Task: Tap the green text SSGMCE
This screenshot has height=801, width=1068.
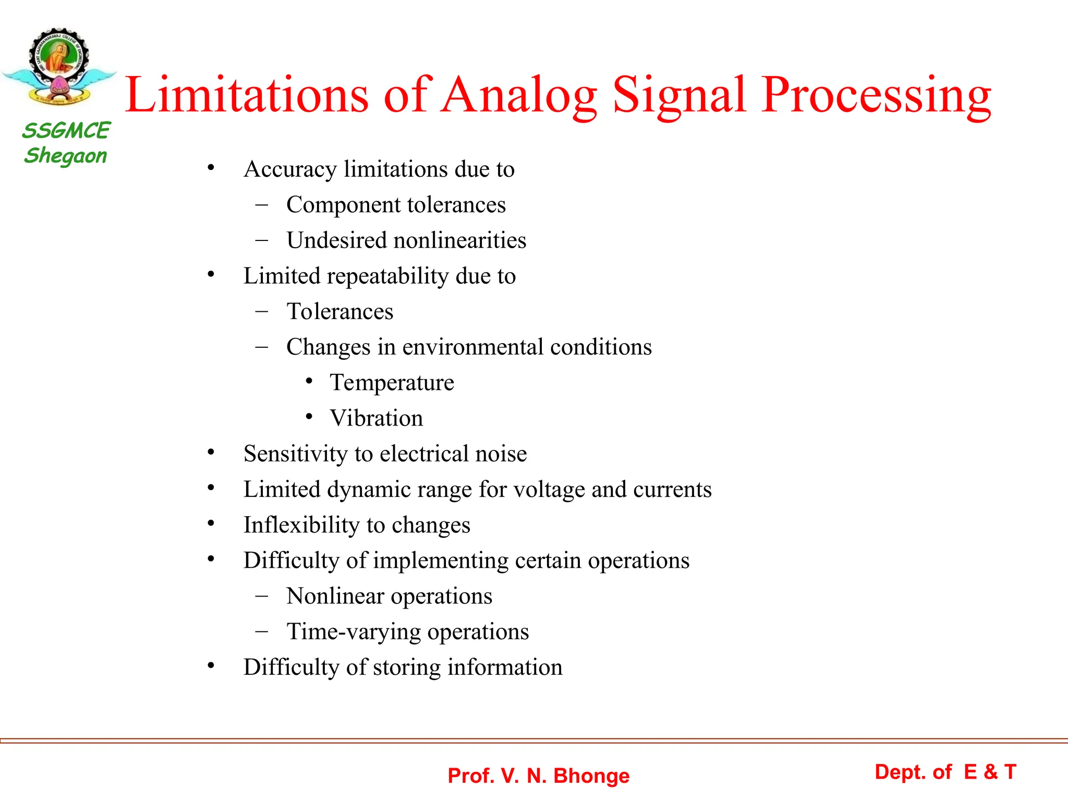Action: click(66, 130)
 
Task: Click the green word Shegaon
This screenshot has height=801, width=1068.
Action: click(66, 155)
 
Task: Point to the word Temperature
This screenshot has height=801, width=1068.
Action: click(392, 383)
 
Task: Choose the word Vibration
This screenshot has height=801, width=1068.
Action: click(377, 418)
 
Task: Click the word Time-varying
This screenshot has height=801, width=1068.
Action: click(353, 632)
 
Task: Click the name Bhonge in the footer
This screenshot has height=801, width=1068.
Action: click(591, 776)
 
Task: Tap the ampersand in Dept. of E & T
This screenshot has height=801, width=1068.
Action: click(990, 772)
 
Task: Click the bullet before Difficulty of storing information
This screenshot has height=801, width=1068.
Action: click(211, 665)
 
